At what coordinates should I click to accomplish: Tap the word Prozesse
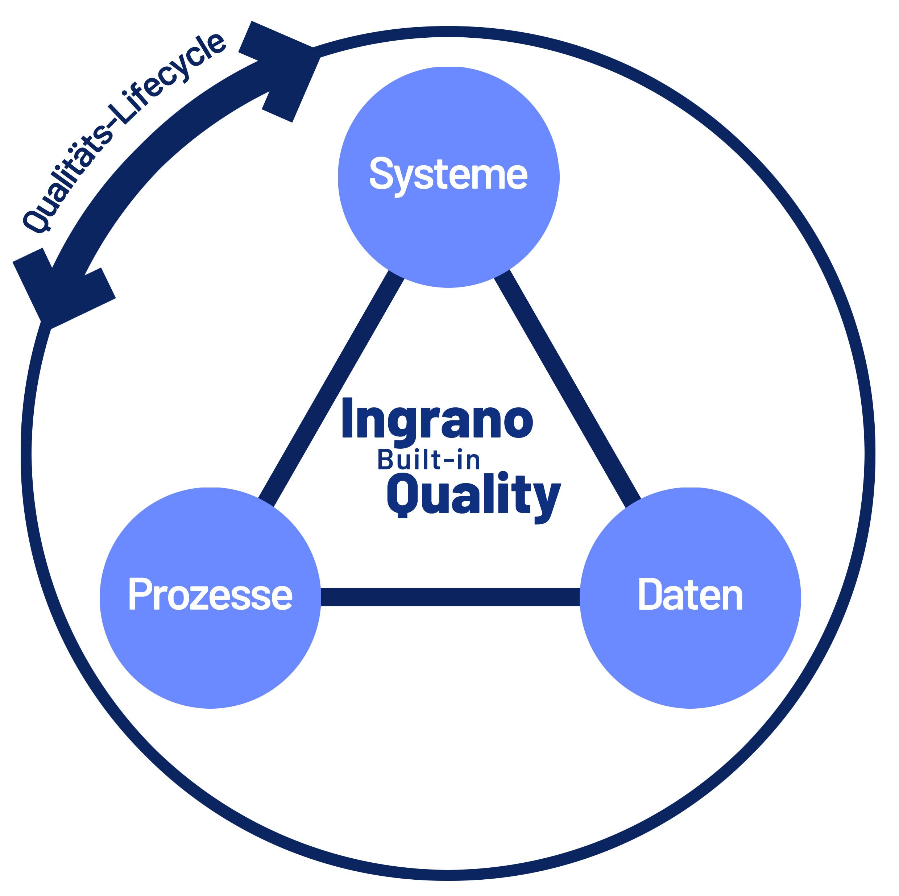point(210,594)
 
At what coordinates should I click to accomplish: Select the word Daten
point(690,594)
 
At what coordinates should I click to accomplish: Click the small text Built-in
point(428,460)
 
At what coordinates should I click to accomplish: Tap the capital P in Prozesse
point(138,594)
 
